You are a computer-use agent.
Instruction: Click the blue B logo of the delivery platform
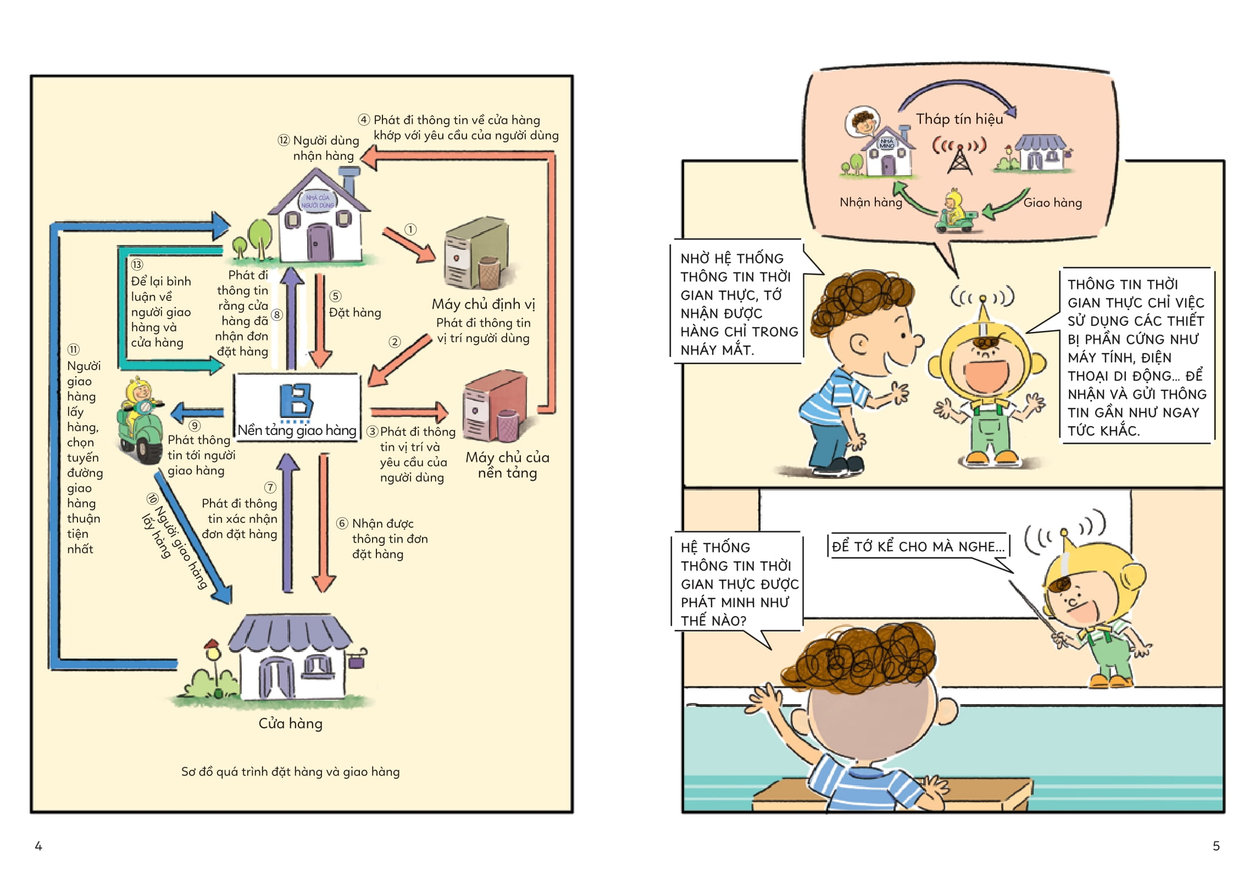[296, 401]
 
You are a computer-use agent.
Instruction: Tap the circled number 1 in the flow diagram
[410, 229]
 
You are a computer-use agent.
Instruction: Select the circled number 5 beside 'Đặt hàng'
[335, 297]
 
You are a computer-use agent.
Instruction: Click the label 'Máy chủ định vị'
[483, 304]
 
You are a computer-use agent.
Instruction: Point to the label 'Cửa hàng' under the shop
[290, 723]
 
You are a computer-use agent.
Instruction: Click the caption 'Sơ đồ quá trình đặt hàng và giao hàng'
[290, 772]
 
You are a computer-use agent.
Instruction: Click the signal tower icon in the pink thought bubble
[959, 159]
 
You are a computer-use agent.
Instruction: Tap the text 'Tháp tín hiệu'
[959, 119]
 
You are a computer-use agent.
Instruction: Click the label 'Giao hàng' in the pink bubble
[1052, 203]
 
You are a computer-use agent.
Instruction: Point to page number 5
[1216, 846]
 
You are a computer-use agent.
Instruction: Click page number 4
[38, 846]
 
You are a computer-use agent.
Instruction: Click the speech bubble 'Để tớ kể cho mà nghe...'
[918, 546]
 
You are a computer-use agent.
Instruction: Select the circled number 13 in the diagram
[137, 265]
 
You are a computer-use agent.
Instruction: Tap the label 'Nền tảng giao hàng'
[297, 431]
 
